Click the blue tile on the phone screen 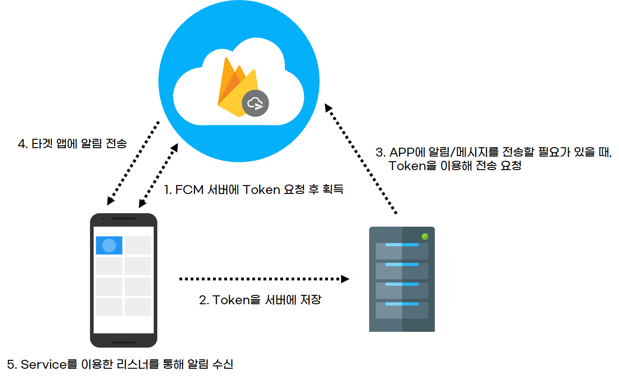tap(109, 245)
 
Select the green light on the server tap(425, 236)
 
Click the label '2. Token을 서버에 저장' tap(260, 300)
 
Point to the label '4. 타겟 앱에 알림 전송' tap(72, 143)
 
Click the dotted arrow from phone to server tap(264, 279)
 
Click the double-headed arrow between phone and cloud tap(159, 175)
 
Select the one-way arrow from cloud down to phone tap(133, 163)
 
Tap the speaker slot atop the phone tap(124, 218)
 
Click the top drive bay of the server tap(402, 251)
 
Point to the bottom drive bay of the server tap(402, 310)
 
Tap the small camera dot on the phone tap(103, 218)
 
